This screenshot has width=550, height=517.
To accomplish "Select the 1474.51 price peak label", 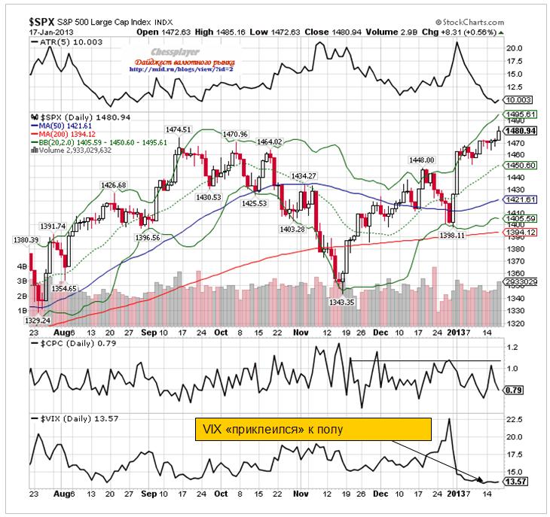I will click(x=179, y=129).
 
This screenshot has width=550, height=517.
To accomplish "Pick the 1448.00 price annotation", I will click(x=421, y=160).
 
